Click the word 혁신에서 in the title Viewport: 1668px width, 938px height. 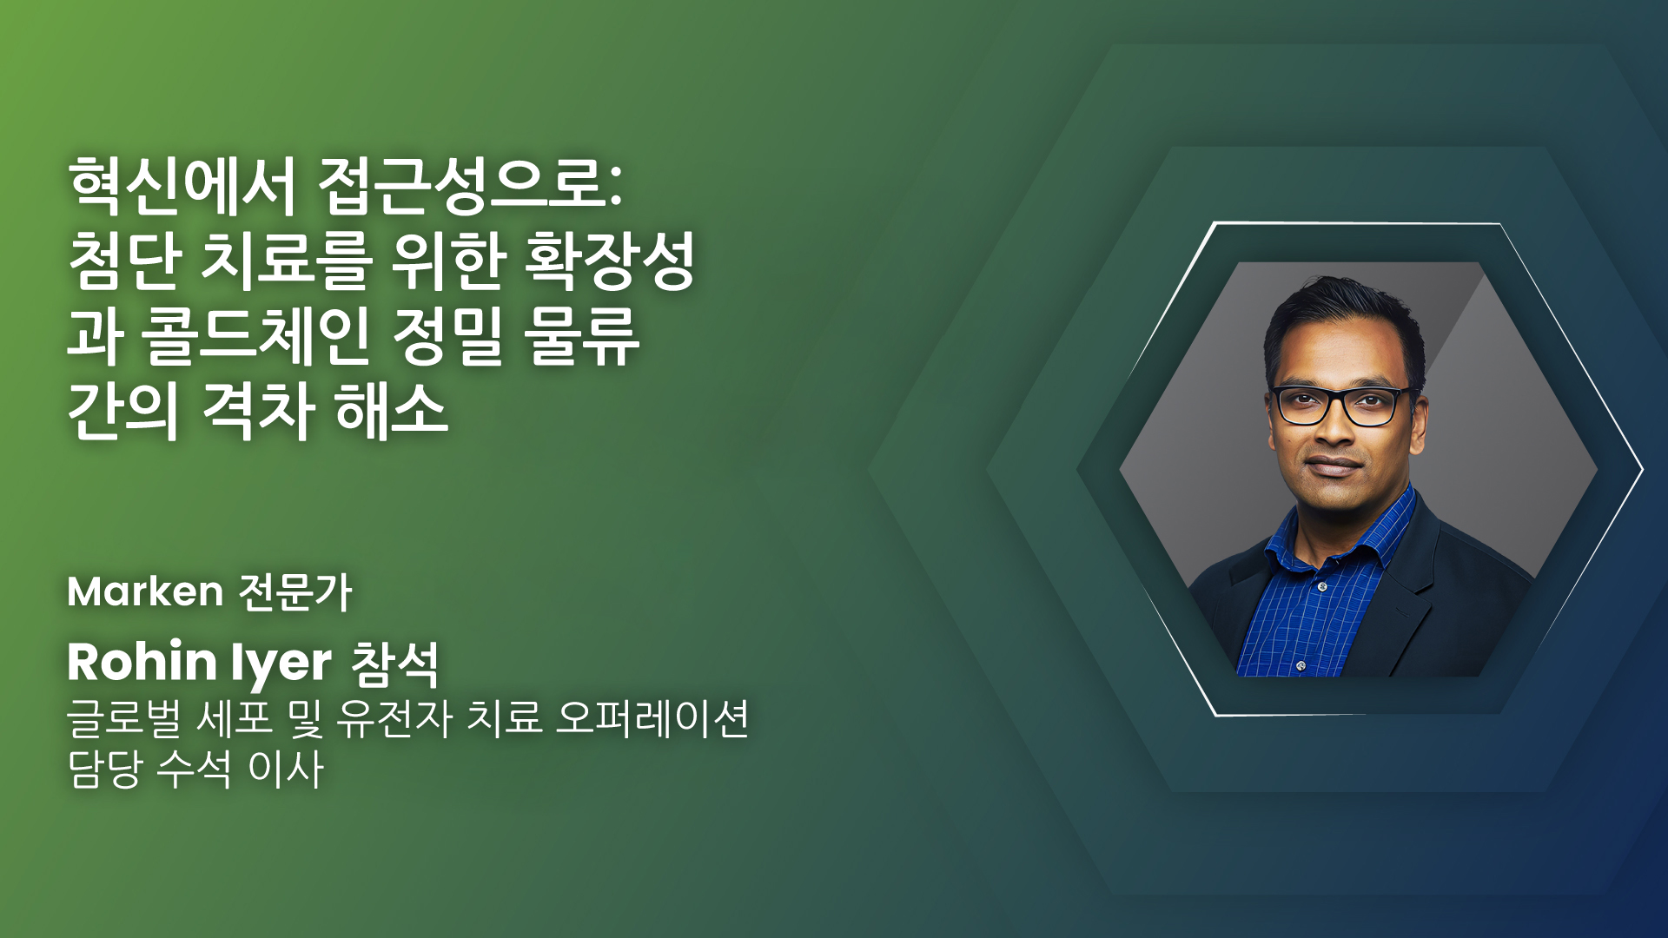(x=183, y=185)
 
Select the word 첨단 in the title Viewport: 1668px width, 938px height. (x=126, y=261)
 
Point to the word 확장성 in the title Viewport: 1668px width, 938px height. (x=610, y=261)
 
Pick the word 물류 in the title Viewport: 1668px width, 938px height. (x=582, y=336)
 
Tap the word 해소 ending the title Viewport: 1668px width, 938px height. (x=392, y=411)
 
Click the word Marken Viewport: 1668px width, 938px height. (x=145, y=592)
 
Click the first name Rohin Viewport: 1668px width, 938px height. (x=142, y=662)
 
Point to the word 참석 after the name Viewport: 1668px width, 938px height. (x=395, y=664)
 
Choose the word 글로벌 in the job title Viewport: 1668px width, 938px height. (x=124, y=718)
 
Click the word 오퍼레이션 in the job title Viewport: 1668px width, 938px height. (x=652, y=718)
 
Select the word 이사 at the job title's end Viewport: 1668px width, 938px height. (x=286, y=769)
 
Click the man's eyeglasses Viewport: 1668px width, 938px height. (x=1340, y=406)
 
